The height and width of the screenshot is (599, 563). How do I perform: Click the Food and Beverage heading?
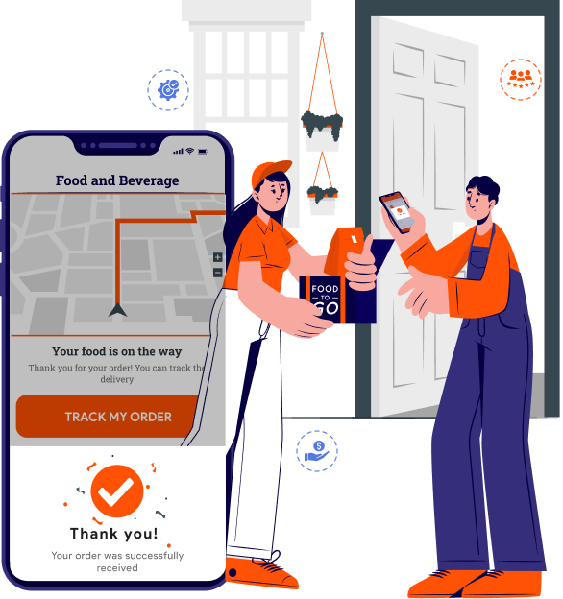click(x=117, y=180)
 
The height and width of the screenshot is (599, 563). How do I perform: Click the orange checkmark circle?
click(x=117, y=491)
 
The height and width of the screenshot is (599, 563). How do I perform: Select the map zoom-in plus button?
click(x=217, y=257)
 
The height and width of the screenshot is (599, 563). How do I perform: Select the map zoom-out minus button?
click(x=217, y=273)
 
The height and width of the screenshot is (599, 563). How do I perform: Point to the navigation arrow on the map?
click(x=117, y=309)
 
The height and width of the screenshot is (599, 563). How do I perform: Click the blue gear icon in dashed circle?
click(x=168, y=90)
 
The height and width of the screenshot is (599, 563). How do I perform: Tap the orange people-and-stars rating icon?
click(x=521, y=80)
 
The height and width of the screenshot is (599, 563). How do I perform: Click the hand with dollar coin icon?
click(x=317, y=451)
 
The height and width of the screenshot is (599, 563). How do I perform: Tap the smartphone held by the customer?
click(x=397, y=212)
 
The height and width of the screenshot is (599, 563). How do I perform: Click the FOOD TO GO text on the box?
click(x=326, y=299)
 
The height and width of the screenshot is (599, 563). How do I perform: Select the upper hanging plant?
click(x=322, y=126)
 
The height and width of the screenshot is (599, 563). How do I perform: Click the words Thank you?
click(x=114, y=534)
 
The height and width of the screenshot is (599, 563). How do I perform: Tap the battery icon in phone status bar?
click(x=203, y=152)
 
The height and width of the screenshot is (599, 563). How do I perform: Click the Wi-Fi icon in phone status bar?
click(x=189, y=151)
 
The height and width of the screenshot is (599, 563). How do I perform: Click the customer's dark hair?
click(x=483, y=188)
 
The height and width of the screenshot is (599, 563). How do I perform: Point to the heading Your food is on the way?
click(x=117, y=351)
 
